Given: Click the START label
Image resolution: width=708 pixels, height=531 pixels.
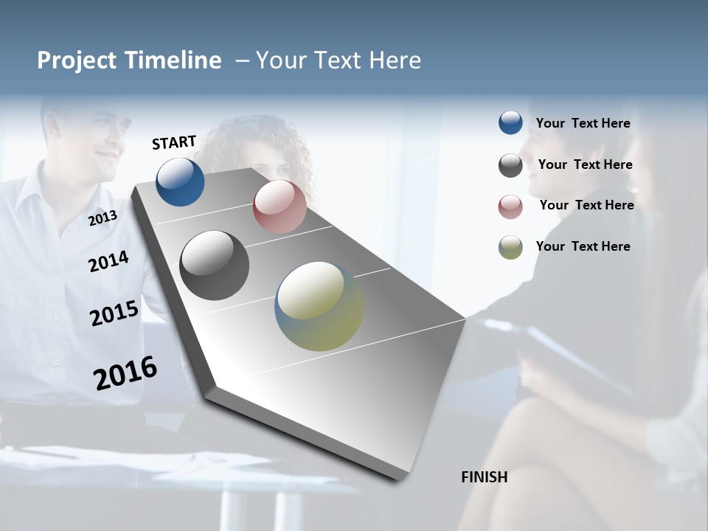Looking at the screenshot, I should (x=174, y=142).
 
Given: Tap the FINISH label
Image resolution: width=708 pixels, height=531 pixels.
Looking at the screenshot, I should (x=485, y=477).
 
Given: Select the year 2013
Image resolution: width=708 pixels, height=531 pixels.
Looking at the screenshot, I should (x=103, y=218).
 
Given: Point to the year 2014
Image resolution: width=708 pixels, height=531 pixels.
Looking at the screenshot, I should (x=108, y=261).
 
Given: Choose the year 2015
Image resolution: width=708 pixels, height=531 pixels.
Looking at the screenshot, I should (x=114, y=313).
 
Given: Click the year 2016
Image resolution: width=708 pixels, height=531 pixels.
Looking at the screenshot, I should (x=125, y=372).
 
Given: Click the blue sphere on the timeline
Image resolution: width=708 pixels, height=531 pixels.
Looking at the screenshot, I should (x=180, y=181).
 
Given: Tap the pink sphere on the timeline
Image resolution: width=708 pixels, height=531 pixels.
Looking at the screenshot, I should (x=280, y=206).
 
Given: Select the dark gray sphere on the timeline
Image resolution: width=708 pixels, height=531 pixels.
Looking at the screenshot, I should (x=214, y=265).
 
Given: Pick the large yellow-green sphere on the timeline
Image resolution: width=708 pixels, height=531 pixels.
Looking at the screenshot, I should (x=319, y=306).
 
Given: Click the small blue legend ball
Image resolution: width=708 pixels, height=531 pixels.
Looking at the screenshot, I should (x=510, y=123).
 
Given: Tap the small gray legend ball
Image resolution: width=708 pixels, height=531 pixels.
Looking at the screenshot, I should (x=510, y=165).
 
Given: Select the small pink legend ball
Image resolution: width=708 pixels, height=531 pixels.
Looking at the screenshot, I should (x=510, y=206).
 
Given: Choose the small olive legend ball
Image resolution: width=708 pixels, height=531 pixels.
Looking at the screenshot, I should (x=510, y=247).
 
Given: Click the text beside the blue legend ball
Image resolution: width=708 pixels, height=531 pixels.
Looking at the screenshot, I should (x=583, y=123).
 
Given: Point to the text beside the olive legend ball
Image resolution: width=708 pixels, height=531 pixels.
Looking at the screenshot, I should (x=583, y=246).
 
